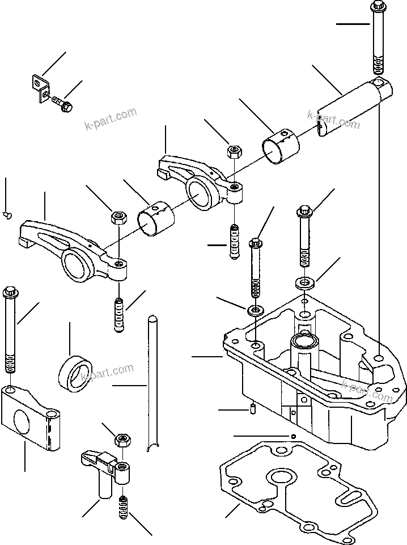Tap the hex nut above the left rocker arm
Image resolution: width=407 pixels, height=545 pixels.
tap(118, 217)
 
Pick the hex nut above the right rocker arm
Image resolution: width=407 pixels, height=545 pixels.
tap(234, 151)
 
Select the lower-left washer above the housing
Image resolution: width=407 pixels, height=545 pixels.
tap(254, 310)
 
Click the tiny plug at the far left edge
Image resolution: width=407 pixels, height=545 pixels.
tap(6, 214)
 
